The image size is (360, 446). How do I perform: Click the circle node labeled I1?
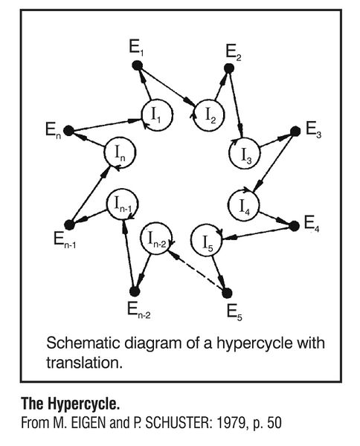(157, 115)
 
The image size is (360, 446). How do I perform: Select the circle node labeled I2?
(208, 115)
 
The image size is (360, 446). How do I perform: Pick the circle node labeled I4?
(245, 203)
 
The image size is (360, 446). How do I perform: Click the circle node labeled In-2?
(156, 239)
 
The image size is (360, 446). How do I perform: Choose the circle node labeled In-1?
(121, 202)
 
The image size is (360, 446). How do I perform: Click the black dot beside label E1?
(137, 66)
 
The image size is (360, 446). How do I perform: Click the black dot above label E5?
(228, 291)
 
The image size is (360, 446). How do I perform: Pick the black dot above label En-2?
(134, 291)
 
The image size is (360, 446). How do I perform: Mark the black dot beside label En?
(68, 131)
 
